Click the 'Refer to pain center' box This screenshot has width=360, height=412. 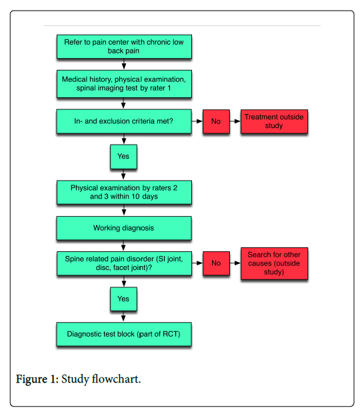pyautogui.click(x=124, y=47)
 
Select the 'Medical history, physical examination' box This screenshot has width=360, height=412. pyautogui.click(x=124, y=84)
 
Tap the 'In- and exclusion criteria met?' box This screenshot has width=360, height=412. pyautogui.click(x=124, y=121)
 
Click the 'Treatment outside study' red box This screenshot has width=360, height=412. pyautogui.click(x=275, y=121)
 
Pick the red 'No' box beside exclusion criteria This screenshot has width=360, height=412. pyautogui.click(x=216, y=121)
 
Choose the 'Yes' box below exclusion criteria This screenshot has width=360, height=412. pyautogui.click(x=123, y=157)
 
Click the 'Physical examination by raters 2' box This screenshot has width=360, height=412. pyautogui.click(x=124, y=193)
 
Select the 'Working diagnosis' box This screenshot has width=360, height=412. pyautogui.click(x=124, y=228)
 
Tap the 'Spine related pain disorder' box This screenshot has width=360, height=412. pyautogui.click(x=124, y=263)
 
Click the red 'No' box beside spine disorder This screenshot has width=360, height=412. pyautogui.click(x=216, y=263)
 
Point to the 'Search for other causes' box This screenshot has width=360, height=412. pyautogui.click(x=275, y=263)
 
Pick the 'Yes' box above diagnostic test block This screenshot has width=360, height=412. pyautogui.click(x=123, y=299)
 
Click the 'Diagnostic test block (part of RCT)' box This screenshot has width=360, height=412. pyautogui.click(x=124, y=334)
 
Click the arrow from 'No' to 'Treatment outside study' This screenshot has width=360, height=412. pyautogui.click(x=235, y=121)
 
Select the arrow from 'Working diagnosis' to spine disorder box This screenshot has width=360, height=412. pyautogui.click(x=123, y=246)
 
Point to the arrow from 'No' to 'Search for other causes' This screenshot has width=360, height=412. pyautogui.click(x=235, y=263)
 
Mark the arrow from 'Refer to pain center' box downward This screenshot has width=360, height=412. pyautogui.click(x=124, y=64)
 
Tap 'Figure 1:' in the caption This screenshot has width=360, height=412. pyautogui.click(x=37, y=379)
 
